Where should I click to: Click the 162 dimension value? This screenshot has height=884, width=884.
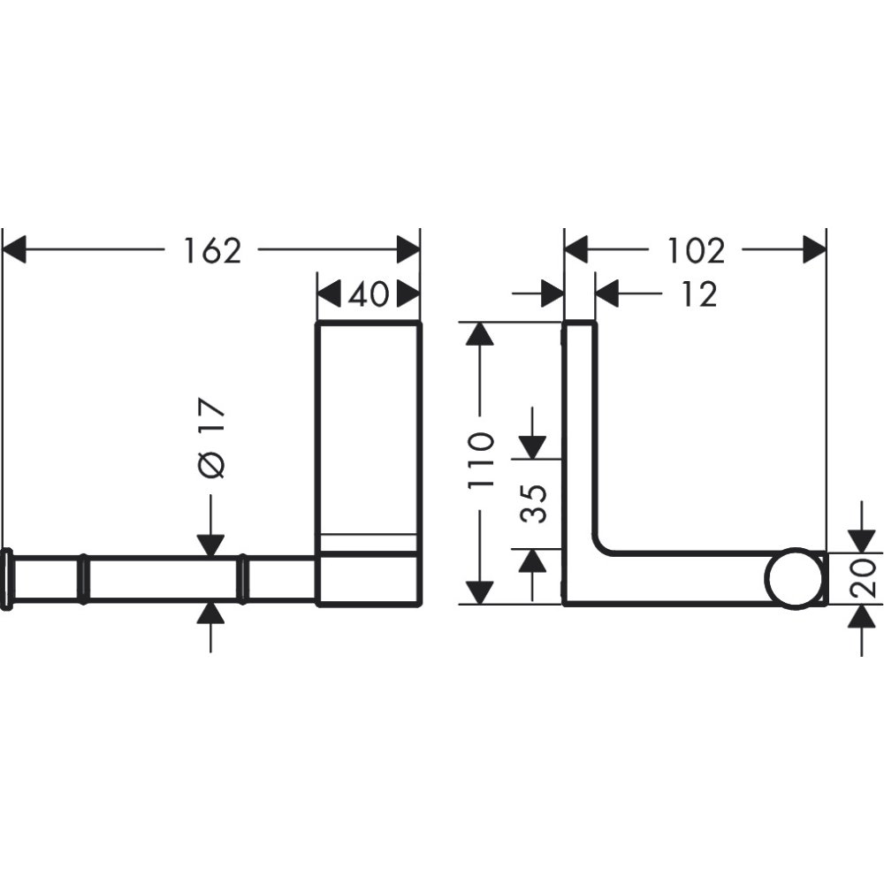click(212, 251)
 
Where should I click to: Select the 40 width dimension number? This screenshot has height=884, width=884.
click(368, 294)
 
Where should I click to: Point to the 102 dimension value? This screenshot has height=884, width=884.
click(695, 251)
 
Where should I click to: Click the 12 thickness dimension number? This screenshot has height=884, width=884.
click(699, 294)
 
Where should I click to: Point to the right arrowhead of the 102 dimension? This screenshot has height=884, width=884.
click(814, 250)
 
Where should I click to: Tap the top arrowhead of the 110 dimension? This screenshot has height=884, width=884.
click(478, 335)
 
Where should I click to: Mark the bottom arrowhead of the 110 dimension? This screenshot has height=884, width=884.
click(478, 591)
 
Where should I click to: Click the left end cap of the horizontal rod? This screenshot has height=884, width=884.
click(6, 579)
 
